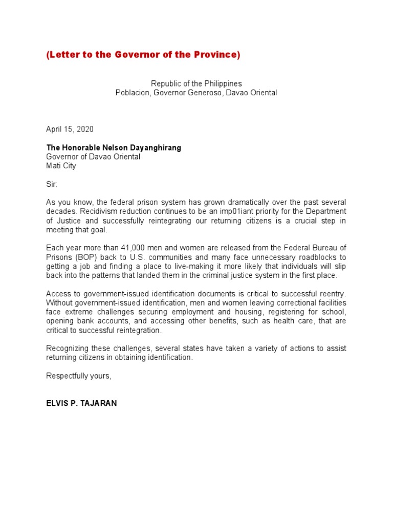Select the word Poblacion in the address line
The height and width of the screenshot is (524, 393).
(133, 93)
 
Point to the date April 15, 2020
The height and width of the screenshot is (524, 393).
(70, 129)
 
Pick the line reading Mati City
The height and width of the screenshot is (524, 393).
(61, 166)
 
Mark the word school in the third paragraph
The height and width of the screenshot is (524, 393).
(335, 312)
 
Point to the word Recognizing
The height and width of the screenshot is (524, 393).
(68, 348)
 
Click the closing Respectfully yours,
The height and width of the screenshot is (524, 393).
(78, 376)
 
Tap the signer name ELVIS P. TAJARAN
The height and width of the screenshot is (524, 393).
(81, 403)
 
